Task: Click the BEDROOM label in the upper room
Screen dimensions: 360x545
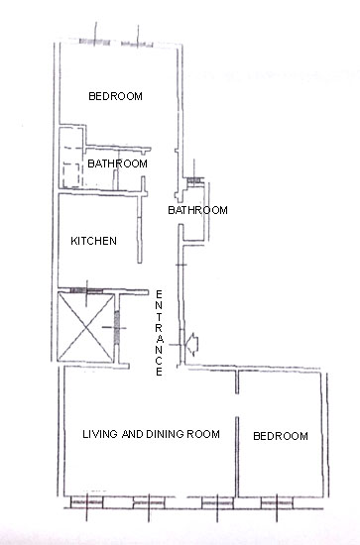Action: coord(115,96)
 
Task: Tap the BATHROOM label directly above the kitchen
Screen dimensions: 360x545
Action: coord(117,163)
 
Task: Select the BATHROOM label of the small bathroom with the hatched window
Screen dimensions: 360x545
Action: coord(197,210)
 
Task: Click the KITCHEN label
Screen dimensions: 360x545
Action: coord(93,241)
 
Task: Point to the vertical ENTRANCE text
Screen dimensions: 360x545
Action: coord(159,333)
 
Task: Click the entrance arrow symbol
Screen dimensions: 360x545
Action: coord(192,344)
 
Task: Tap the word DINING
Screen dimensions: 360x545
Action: coord(165,434)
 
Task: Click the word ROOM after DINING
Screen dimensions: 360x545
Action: coord(203,434)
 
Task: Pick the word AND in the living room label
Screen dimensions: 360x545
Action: coord(133,434)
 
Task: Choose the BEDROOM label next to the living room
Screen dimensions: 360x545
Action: coord(281,436)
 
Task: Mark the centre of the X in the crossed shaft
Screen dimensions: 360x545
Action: coord(85,328)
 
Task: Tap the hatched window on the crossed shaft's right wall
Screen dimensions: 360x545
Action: coord(117,328)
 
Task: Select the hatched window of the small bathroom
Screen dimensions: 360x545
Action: coord(194,180)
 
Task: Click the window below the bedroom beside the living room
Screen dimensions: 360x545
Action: coord(277,502)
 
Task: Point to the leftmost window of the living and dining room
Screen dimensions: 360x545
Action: coord(86,502)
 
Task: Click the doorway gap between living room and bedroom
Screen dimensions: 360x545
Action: coord(237,405)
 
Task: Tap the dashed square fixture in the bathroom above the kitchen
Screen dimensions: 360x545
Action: coord(72,174)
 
